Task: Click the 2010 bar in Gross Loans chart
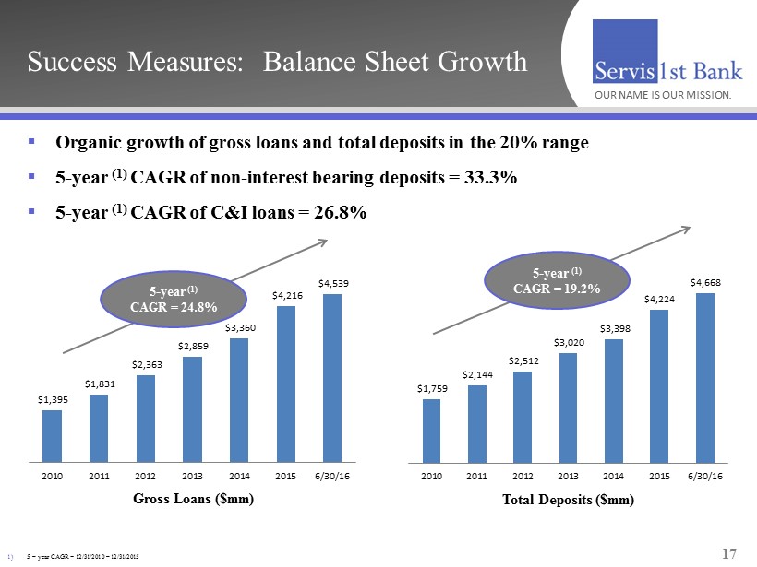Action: point(52,436)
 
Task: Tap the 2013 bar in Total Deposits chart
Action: point(569,408)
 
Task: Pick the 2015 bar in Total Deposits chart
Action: point(659,385)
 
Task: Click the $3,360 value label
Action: point(238,327)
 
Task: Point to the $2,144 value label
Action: point(477,374)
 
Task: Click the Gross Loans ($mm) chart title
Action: point(193,499)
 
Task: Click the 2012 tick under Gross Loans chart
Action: point(145,476)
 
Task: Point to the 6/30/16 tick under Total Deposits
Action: point(706,476)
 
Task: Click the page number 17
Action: point(728,553)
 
